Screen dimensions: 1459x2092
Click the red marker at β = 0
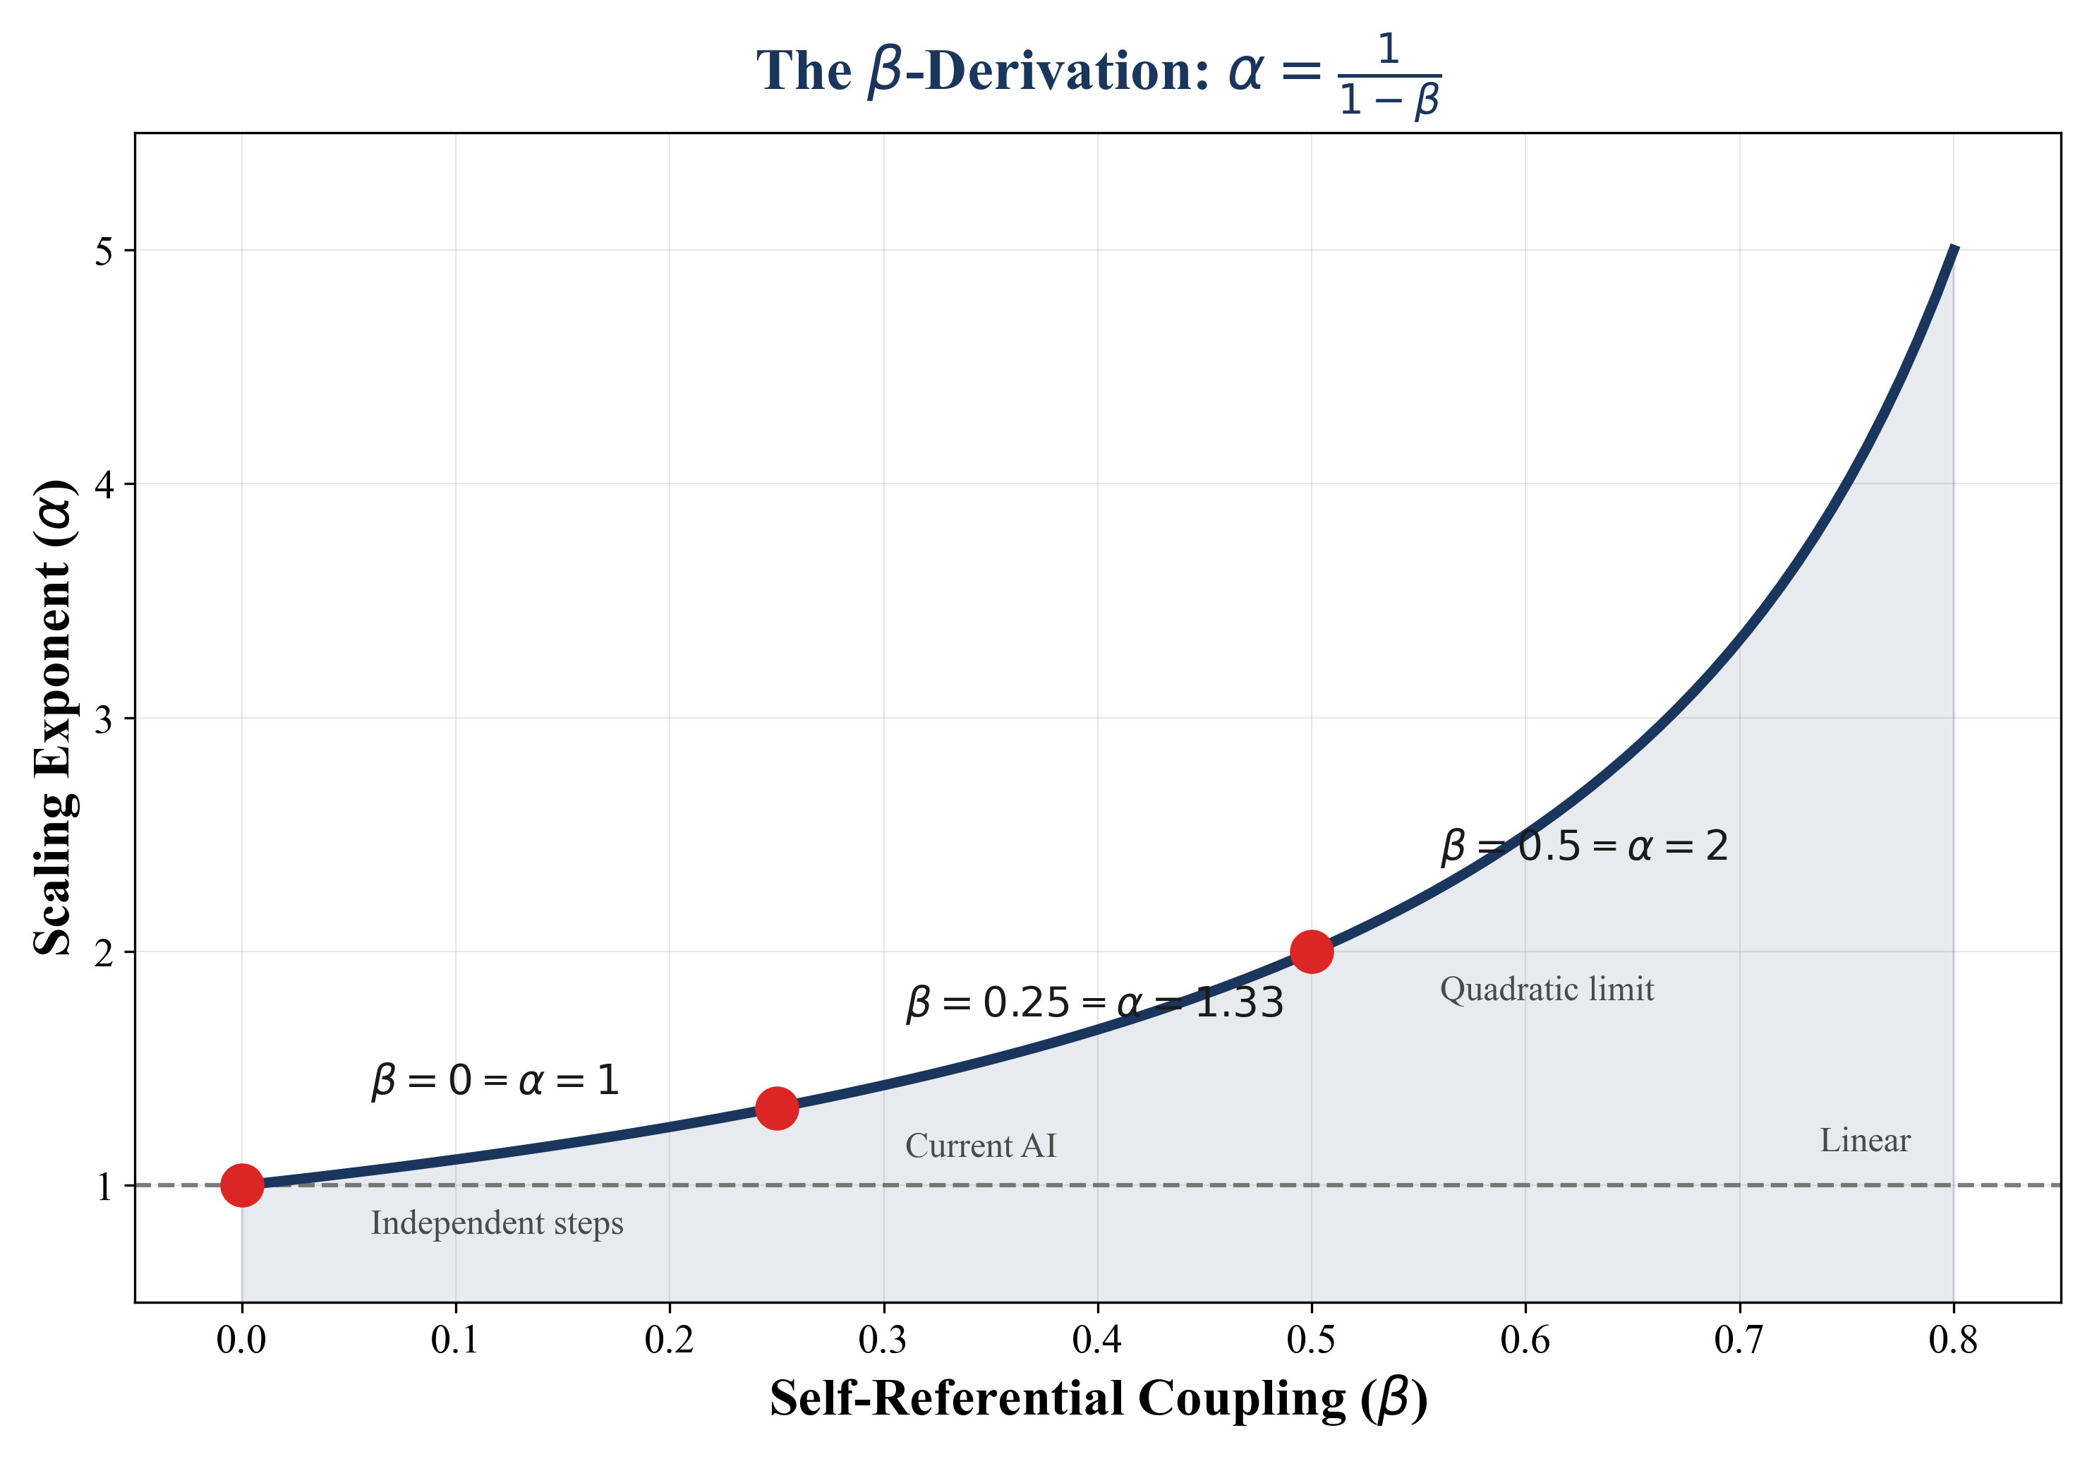coord(241,1184)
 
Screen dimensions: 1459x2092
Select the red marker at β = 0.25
coord(776,1108)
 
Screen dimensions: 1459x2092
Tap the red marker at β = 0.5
coord(1311,951)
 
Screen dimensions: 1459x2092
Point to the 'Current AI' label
coord(981,1146)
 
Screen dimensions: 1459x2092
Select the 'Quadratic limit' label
coord(1546,989)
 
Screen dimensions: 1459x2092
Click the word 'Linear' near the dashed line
coord(1864,1140)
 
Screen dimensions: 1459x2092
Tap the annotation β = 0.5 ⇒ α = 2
coord(1583,846)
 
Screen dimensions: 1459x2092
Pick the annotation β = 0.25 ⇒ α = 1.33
coord(1094,1003)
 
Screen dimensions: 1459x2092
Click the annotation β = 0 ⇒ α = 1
coord(495,1081)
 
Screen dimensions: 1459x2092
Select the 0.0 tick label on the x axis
coord(241,1340)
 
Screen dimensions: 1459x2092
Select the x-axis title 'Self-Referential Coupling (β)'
coord(1098,1399)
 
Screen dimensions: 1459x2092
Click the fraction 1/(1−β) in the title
coord(1389,75)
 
